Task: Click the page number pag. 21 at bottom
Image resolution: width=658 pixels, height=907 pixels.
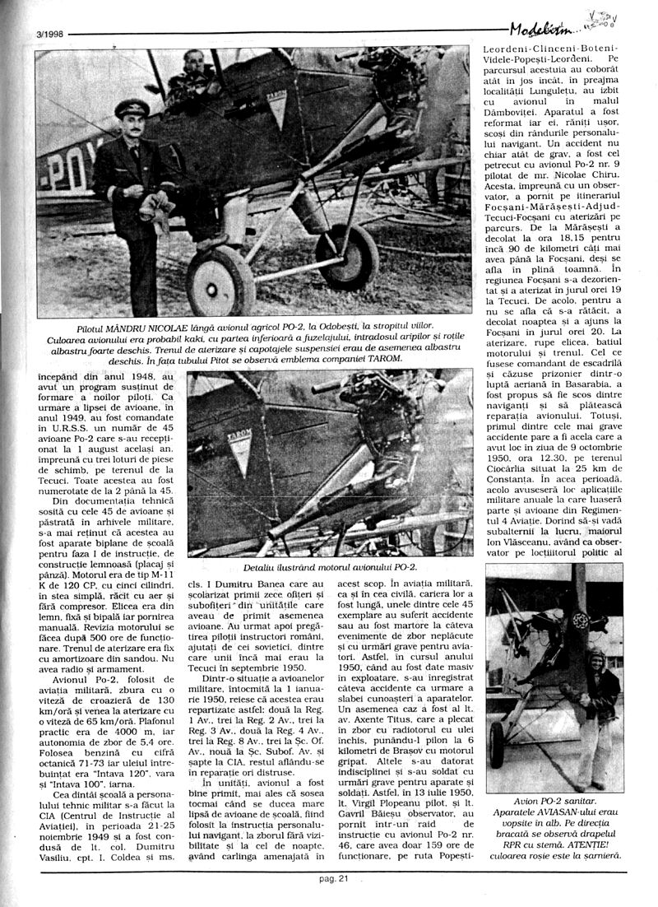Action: point(334,878)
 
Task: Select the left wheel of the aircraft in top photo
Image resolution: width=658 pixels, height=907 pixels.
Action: point(220,281)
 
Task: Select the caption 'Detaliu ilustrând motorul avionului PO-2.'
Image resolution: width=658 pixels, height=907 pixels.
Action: point(330,568)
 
